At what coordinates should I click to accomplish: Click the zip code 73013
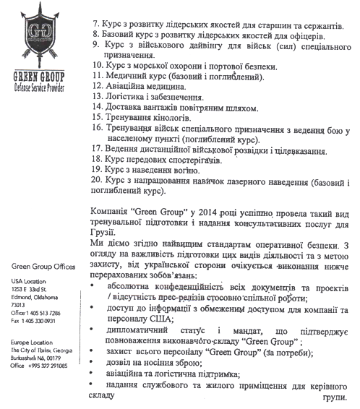pos(20,305)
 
